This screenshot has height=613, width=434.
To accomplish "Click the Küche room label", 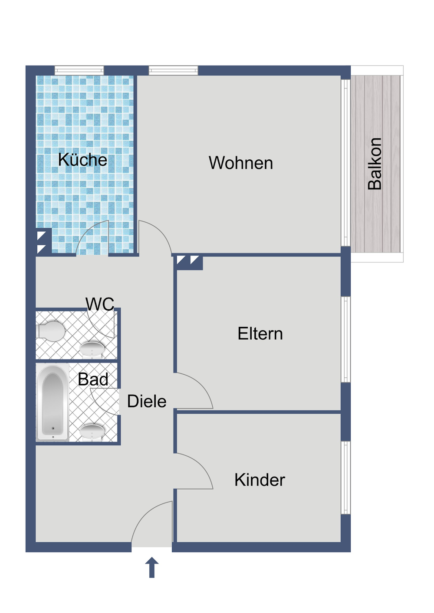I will pyautogui.click(x=82, y=160).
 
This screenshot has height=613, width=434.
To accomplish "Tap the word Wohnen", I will pyautogui.click(x=241, y=163).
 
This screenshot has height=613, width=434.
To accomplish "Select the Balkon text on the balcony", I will pyautogui.click(x=375, y=164).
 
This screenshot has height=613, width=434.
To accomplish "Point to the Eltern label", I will pyautogui.click(x=260, y=334).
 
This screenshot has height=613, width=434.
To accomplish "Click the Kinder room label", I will pyautogui.click(x=260, y=480).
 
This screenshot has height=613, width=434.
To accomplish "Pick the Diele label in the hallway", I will pyautogui.click(x=147, y=402).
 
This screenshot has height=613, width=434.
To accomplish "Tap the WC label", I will pyautogui.click(x=100, y=304).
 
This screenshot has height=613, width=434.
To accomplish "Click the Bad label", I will pyautogui.click(x=93, y=379).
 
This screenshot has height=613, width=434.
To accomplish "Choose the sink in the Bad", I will pyautogui.click(x=92, y=431).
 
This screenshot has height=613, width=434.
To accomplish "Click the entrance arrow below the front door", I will pyautogui.click(x=152, y=568).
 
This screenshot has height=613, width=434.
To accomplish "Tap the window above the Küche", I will pyautogui.click(x=79, y=70).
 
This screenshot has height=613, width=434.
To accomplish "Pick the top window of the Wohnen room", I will pyautogui.click(x=174, y=70).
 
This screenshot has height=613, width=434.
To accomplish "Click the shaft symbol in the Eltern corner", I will pyautogui.click(x=188, y=261).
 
